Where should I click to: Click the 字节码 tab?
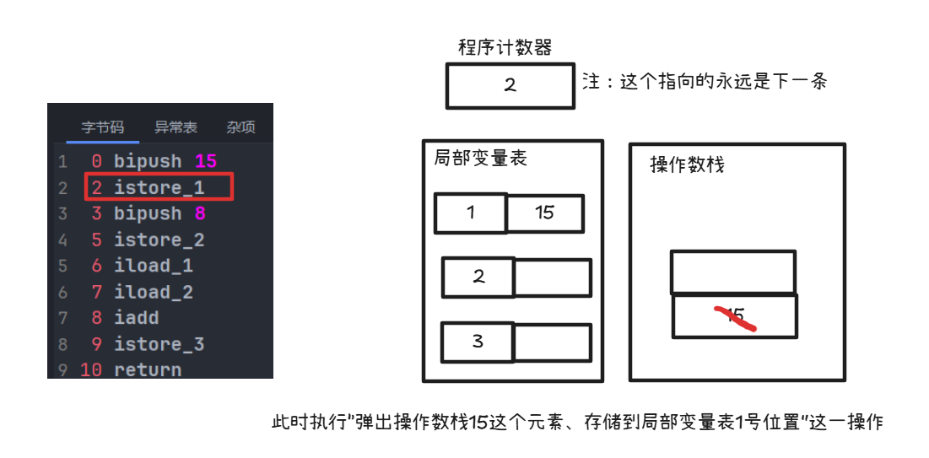click(x=102, y=127)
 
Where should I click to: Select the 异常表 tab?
click(x=176, y=127)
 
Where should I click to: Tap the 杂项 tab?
click(x=241, y=127)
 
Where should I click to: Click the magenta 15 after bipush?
click(x=206, y=161)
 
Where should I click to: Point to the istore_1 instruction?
click(x=159, y=188)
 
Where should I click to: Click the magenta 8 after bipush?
click(x=200, y=213)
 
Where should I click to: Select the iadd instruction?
click(x=136, y=318)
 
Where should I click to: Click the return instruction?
click(x=148, y=370)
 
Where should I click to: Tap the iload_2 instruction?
click(x=154, y=292)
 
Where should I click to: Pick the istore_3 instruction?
click(x=159, y=344)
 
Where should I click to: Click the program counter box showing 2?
click(x=510, y=86)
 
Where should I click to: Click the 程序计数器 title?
click(x=505, y=47)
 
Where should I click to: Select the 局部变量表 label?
click(x=480, y=159)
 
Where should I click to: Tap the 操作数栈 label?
click(x=688, y=164)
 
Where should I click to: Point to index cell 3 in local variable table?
click(x=478, y=342)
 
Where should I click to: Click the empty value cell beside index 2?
click(x=553, y=277)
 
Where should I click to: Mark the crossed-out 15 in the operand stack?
click(x=735, y=316)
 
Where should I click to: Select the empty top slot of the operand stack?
click(x=733, y=272)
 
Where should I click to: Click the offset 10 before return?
click(x=91, y=370)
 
